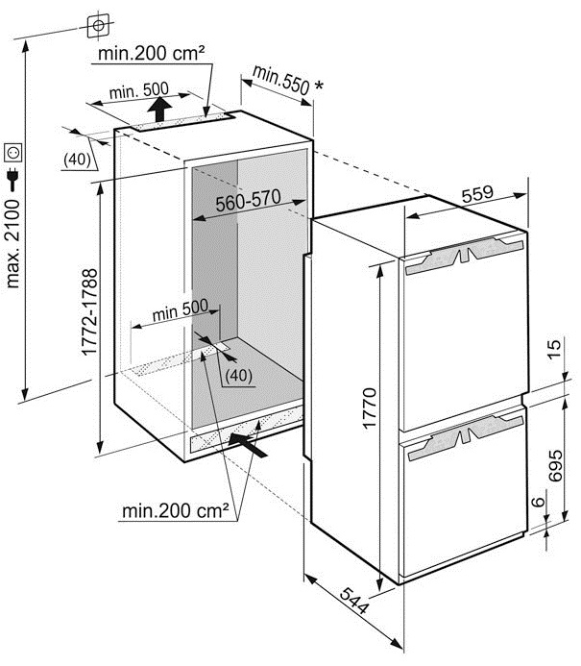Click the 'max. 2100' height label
coord(12,244)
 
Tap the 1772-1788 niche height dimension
coord(89,312)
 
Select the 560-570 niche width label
coord(249,201)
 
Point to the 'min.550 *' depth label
coord(287,81)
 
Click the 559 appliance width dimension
coord(477,194)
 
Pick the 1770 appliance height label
coord(370,408)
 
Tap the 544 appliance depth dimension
coord(353,601)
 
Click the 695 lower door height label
coord(555,465)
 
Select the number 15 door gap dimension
coord(554,349)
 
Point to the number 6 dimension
coord(538,502)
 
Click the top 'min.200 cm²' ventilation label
coord(151,53)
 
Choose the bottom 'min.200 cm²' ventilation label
coord(176,510)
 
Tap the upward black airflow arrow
coord(159,110)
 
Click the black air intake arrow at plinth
coord(248,444)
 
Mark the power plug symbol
coord(12,180)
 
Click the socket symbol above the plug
coord(13,153)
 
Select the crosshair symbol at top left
coord(99,26)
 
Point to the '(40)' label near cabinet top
coord(77,160)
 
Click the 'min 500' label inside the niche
coord(181,310)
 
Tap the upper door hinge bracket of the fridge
coord(464,254)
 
